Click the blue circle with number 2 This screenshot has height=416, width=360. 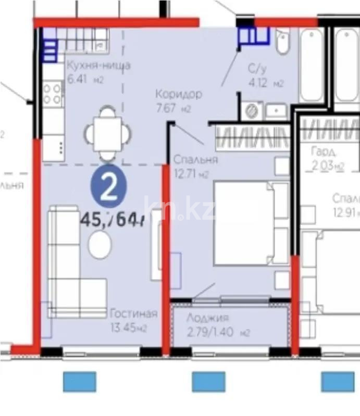[x=108, y=188]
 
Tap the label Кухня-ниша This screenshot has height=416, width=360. [x=97, y=66]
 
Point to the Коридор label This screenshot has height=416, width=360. [x=179, y=94]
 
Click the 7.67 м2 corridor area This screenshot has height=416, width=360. [x=173, y=109]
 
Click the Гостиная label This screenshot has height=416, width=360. [x=133, y=313]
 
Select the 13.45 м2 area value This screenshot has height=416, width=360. [x=128, y=327]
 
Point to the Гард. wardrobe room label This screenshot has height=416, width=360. [x=324, y=152]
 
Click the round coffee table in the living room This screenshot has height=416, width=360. [x=100, y=244]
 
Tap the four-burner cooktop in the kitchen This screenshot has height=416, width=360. [x=53, y=93]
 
